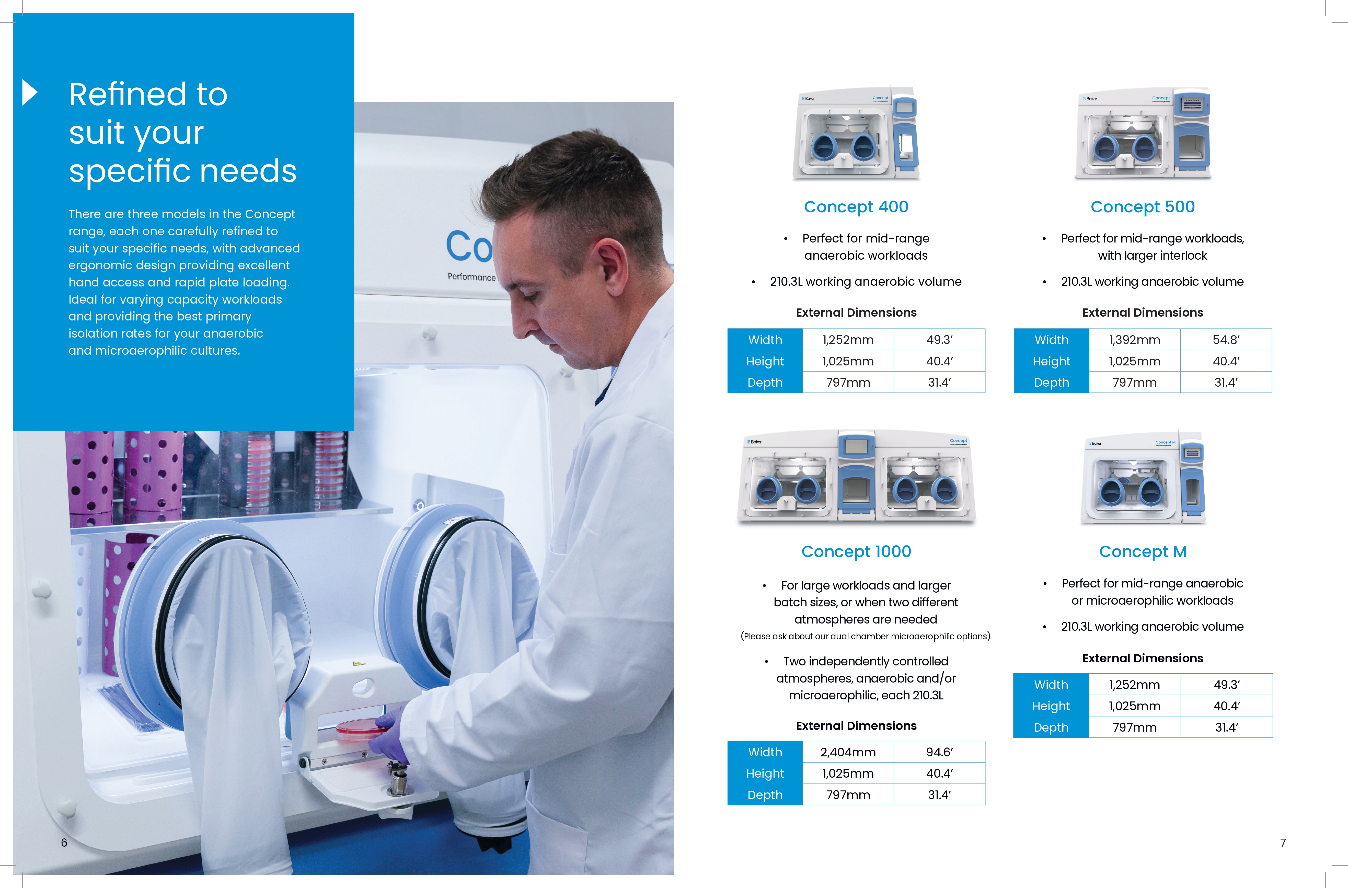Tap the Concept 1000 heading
point(856,552)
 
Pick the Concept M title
point(1142,552)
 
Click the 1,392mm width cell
point(1134,340)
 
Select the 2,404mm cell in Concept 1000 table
point(848,752)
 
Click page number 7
point(1283,843)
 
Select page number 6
point(64,843)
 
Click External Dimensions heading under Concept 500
point(1142,313)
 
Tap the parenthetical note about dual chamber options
point(866,637)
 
